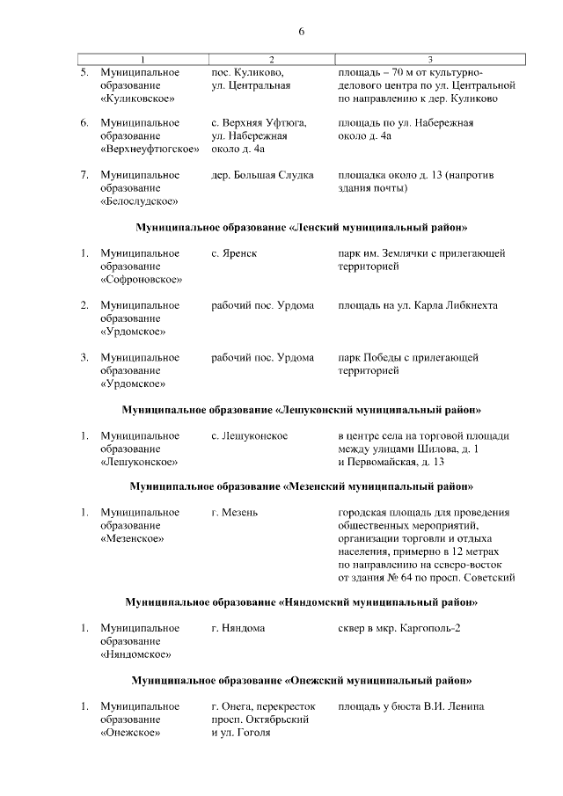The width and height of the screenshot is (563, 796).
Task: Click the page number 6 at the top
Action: point(301,32)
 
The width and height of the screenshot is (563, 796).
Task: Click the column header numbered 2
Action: point(271,59)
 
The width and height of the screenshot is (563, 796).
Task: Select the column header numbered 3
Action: point(429,59)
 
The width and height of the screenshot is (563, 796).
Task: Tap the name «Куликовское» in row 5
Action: point(136,99)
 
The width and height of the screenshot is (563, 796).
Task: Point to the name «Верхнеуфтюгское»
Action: point(148,150)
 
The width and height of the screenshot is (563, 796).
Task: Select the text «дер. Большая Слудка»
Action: point(263,175)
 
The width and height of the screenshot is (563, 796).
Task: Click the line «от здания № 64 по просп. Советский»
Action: point(427,578)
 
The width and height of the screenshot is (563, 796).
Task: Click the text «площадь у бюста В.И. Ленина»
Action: point(411,707)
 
